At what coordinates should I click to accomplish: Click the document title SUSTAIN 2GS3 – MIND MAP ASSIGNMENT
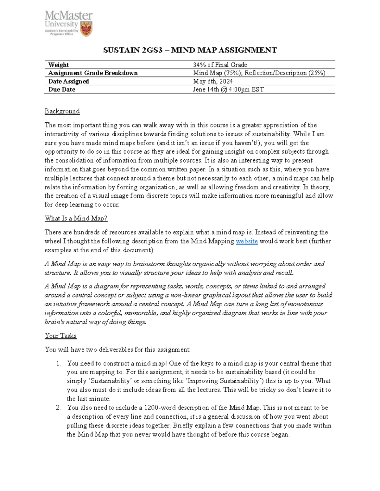coord(190,50)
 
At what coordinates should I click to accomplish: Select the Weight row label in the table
coord(58,65)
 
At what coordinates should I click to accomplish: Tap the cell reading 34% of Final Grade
coord(220,65)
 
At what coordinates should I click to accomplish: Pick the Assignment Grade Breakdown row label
coord(93,73)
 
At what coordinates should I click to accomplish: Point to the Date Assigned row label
coord(68,81)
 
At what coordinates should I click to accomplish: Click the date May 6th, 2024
coord(213,81)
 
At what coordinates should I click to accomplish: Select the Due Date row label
coord(62,89)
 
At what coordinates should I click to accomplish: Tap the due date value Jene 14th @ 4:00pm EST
coord(228,89)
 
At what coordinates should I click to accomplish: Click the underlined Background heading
coord(62,111)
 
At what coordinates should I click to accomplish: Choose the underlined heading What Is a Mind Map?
coord(76,218)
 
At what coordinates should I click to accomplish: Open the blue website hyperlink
coord(247,241)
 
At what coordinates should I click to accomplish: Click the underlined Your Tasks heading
coord(60,336)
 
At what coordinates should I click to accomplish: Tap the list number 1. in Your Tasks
coord(58,364)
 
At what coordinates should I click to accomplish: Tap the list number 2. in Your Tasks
coord(58,408)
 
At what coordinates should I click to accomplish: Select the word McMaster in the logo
coord(68,16)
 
